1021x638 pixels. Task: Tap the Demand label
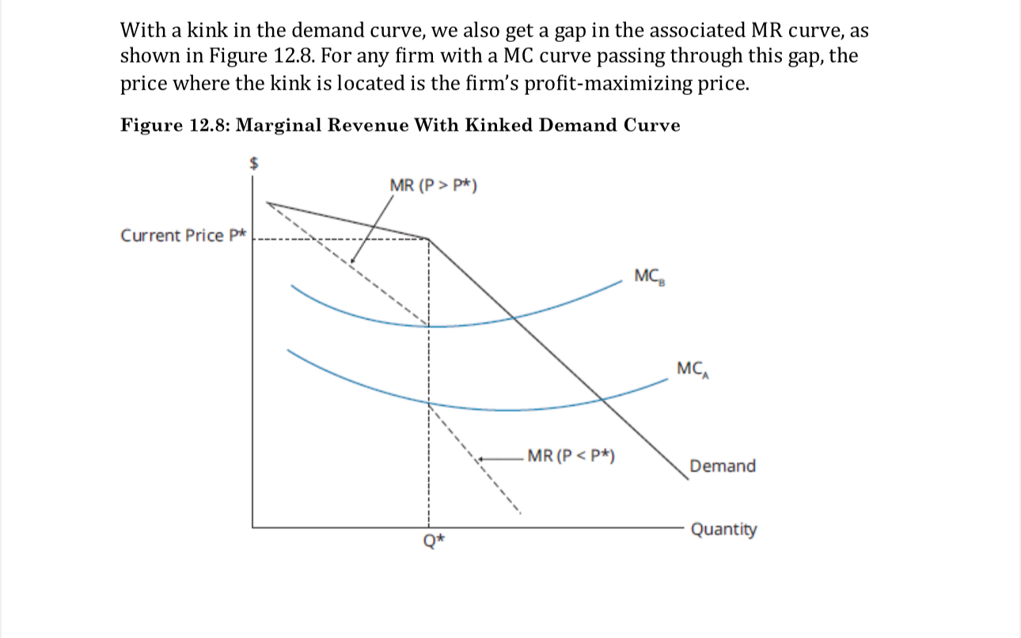point(722,466)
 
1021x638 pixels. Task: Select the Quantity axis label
point(723,530)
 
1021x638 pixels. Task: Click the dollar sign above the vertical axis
point(255,163)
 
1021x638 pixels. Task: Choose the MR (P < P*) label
point(571,456)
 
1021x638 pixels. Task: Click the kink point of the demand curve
point(428,237)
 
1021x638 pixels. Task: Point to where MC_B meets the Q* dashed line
point(428,325)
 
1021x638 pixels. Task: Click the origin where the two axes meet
point(253,526)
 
